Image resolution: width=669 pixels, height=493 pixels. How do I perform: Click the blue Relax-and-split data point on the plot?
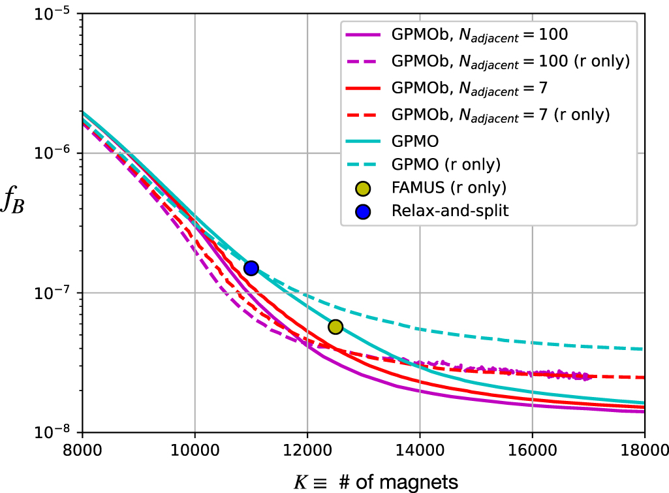pyautogui.click(x=251, y=268)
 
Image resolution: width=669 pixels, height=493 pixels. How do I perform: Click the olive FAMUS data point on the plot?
pyautogui.click(x=335, y=326)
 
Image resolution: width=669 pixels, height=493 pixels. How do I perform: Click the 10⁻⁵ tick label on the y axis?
pyautogui.click(x=55, y=14)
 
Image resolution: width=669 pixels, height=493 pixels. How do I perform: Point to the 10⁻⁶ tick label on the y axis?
pyautogui.click(x=55, y=153)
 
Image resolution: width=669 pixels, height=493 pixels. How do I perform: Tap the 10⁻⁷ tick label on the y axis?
pyautogui.click(x=55, y=293)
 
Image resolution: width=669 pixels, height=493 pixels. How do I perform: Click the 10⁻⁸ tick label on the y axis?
pyautogui.click(x=55, y=432)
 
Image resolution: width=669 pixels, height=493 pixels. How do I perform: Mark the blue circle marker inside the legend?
pyautogui.click(x=363, y=210)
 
